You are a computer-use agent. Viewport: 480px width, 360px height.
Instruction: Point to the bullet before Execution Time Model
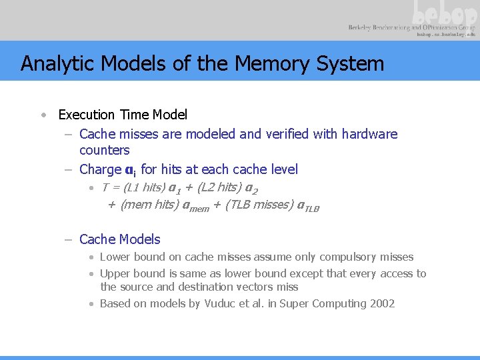pos(42,115)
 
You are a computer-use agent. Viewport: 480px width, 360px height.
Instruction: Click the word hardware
pos(369,134)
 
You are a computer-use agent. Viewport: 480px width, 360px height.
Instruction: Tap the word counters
pos(104,150)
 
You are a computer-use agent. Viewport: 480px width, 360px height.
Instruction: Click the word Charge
pos(99,169)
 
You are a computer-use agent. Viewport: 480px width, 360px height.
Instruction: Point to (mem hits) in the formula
pos(150,206)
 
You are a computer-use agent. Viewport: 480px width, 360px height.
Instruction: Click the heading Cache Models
pos(119,239)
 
